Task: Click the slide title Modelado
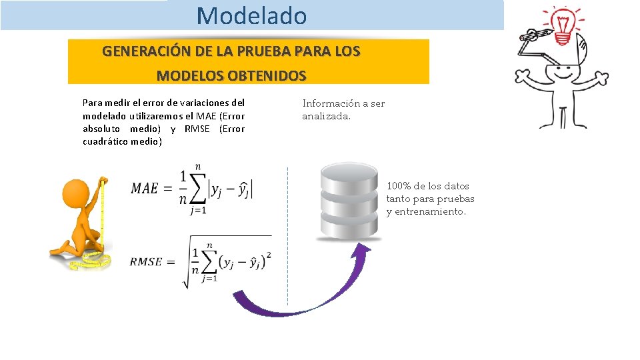(x=252, y=15)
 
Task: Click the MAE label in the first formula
(x=144, y=189)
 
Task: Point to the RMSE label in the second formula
(x=145, y=262)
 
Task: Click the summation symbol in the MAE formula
(x=198, y=188)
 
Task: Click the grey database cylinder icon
(x=350, y=199)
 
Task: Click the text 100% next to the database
(x=398, y=186)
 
